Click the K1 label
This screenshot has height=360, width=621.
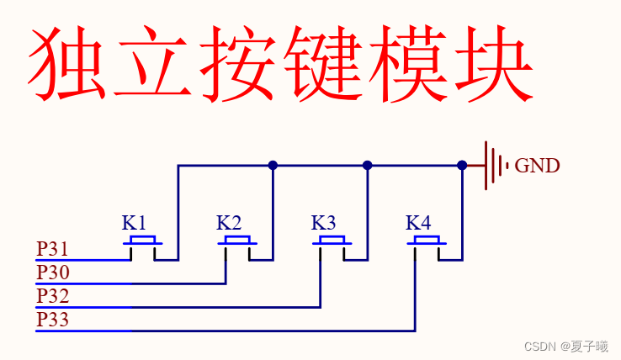tap(135, 224)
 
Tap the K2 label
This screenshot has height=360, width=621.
tap(229, 224)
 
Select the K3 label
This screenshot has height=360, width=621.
tap(324, 224)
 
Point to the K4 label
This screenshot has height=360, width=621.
tap(418, 224)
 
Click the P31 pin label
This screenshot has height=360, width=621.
tap(52, 250)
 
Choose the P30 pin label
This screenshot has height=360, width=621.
tap(52, 273)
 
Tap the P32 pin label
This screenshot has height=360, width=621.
tap(52, 297)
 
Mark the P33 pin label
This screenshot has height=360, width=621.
tap(52, 320)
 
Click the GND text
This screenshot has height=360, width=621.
tap(537, 166)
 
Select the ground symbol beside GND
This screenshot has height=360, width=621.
tap(495, 165)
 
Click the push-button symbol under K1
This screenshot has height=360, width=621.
tap(143, 245)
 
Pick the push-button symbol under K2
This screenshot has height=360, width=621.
tap(237, 245)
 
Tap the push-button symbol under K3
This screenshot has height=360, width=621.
tap(332, 245)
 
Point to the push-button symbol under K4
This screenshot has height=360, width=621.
tap(427, 245)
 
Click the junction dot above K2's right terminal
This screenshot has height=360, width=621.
tap(273, 165)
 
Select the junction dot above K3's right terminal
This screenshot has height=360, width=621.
tap(367, 165)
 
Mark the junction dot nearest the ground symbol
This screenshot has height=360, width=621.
tap(462, 165)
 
